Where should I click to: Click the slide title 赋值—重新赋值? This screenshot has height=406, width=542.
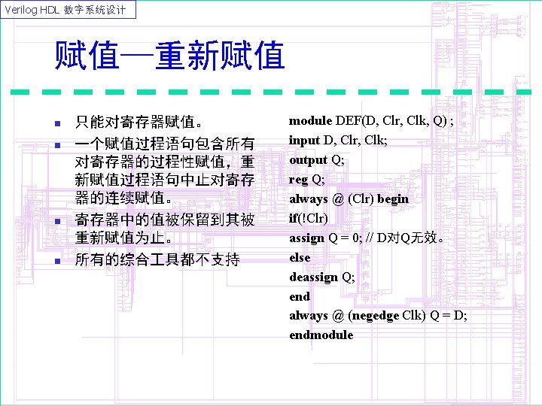point(169,56)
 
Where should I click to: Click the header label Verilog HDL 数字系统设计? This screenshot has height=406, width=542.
point(69,9)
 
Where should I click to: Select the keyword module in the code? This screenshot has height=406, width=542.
point(310,121)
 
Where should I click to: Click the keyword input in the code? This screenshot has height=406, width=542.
point(304,141)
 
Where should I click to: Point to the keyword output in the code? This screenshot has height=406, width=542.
point(308,160)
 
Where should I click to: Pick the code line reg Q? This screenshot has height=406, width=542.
point(307,180)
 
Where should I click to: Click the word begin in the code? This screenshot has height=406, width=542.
point(393,199)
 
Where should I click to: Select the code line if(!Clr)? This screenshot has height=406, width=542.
point(309,219)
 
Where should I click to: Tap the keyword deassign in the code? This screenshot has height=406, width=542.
point(313,277)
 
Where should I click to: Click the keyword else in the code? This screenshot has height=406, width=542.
point(300,257)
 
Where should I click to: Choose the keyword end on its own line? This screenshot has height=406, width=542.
point(300,296)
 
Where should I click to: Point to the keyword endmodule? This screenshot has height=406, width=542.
point(321,335)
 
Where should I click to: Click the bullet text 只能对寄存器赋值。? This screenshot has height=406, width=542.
point(138,123)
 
